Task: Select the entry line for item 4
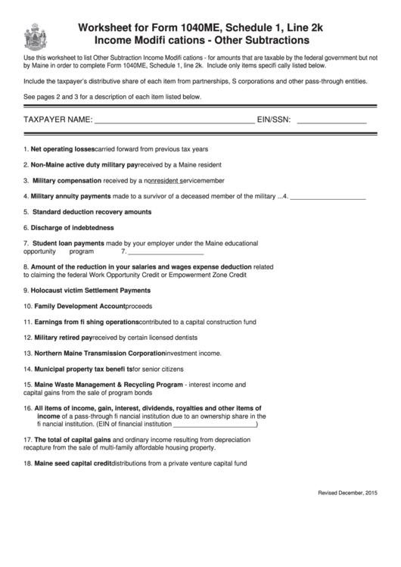pos(328,198)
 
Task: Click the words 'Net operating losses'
pos(63,149)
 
